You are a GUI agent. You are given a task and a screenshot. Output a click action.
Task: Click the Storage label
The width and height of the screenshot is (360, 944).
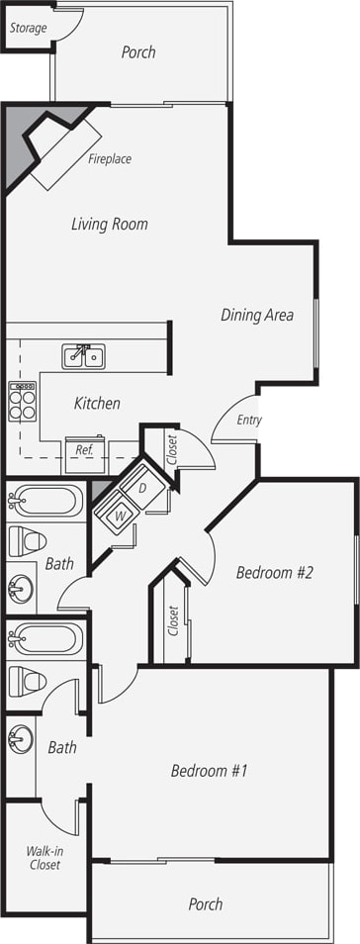coord(28,28)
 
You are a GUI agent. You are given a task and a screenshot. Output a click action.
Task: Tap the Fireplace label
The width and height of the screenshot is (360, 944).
coord(110,158)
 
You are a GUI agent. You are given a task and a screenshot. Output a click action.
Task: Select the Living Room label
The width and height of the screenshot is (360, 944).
coord(109,225)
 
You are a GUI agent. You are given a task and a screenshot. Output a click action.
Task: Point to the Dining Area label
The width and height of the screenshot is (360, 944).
coord(256,316)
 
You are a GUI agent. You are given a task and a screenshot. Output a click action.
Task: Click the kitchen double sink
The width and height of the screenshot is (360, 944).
coord(84,355)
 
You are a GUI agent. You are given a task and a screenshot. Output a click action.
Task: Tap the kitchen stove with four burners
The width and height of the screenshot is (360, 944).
coord(22,401)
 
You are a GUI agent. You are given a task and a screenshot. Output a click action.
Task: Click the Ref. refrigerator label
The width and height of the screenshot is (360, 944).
coord(84,449)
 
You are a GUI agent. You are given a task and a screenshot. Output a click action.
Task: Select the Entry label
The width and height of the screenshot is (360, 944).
coord(249,420)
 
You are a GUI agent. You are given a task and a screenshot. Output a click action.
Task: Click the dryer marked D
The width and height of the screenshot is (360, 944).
coord(141,489)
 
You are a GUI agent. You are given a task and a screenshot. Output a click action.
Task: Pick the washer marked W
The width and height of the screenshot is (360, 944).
coord(120,516)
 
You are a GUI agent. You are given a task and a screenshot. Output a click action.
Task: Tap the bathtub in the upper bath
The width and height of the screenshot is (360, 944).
coord(45,502)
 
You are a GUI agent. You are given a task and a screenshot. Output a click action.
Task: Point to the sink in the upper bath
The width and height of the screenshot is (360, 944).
coord(20,590)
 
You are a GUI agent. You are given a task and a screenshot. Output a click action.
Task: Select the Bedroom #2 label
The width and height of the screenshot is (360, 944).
coord(274,573)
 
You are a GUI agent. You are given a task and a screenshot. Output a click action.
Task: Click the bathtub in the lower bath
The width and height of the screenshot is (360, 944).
coord(45,639)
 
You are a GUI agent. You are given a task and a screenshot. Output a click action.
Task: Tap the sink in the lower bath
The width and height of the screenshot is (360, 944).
coord(20,738)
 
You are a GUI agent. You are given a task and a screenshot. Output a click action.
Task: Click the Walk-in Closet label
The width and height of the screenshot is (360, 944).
coord(44,857)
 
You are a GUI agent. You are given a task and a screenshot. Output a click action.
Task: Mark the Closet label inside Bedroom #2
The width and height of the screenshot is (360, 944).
coord(174,619)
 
